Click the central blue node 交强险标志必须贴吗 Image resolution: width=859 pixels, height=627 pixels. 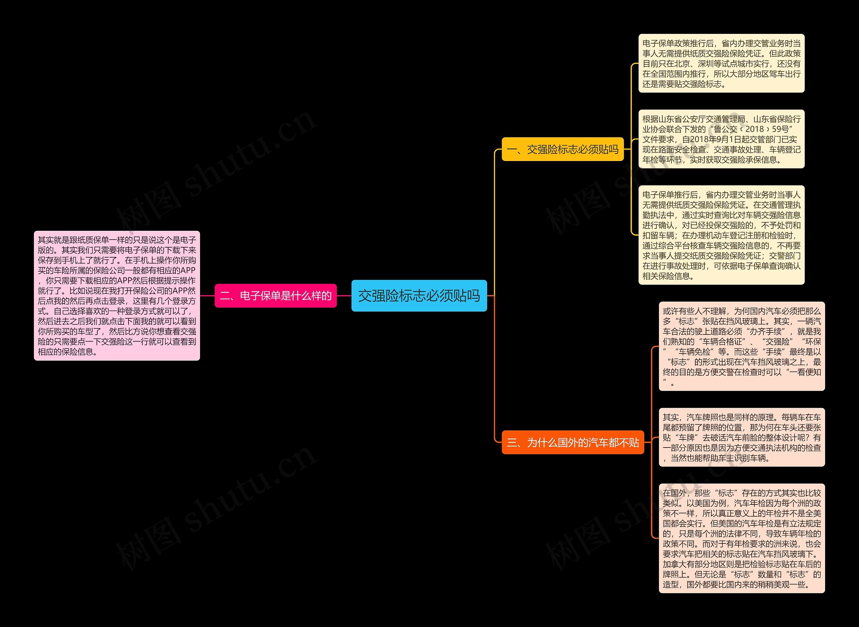[x=419, y=296]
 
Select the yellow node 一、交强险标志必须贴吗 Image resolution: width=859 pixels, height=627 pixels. [x=563, y=149]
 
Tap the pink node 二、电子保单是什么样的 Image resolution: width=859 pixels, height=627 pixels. [x=275, y=296]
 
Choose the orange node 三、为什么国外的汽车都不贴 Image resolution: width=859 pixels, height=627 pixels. [x=573, y=442]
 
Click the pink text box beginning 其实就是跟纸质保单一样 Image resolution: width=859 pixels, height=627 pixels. [x=117, y=296]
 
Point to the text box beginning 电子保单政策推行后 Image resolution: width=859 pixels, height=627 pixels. [x=721, y=63]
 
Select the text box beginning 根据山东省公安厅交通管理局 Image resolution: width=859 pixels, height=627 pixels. [x=721, y=139]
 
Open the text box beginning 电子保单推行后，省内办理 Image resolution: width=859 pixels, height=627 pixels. [x=721, y=235]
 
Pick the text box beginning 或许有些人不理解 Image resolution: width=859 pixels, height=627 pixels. [x=742, y=346]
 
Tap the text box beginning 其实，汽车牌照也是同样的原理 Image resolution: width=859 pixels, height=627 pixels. [x=742, y=437]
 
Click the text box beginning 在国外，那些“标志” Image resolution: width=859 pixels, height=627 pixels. [x=742, y=538]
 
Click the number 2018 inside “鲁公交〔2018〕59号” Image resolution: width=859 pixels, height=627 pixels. [x=755, y=129]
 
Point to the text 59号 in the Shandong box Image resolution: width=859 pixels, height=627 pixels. [x=780, y=129]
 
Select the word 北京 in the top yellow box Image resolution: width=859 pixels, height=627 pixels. [x=682, y=64]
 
